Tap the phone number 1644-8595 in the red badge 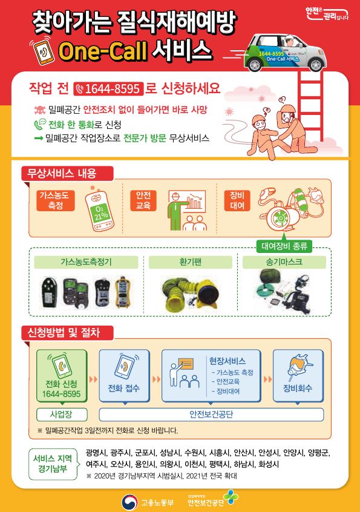click(108, 90)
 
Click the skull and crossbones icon click(39, 111)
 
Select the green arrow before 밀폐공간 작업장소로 click(39, 139)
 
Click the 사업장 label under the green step click(61, 415)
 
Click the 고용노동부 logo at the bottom click(140, 501)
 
